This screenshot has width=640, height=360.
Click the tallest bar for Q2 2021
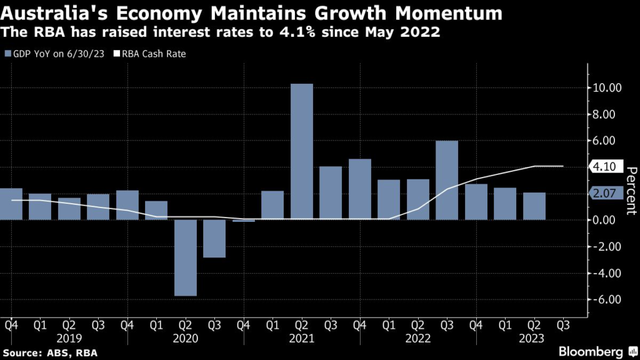[302, 151]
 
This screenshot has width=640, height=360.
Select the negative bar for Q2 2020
[186, 257]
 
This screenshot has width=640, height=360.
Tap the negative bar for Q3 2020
[214, 239]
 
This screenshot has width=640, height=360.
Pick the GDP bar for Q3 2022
[447, 180]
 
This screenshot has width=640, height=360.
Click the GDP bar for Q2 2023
[534, 206]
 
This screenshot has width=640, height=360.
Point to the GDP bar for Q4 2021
[360, 189]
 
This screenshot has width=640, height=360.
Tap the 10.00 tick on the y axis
[606, 88]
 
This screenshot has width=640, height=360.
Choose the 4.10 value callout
[604, 167]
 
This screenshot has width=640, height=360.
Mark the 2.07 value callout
[604, 195]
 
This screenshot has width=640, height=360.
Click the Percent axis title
[631, 191]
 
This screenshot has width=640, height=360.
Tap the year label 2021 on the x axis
[302, 337]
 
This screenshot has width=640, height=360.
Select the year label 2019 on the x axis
[69, 337]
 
